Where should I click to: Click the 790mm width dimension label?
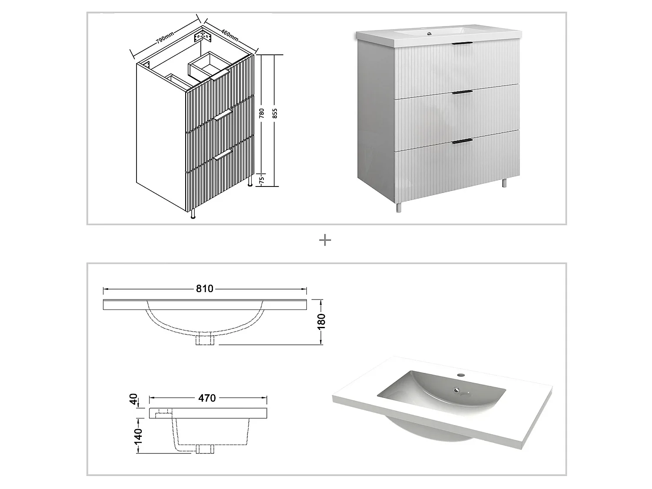pyautogui.click(x=165, y=37)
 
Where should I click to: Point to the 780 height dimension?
pyautogui.click(x=262, y=114)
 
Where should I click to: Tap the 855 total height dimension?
pyautogui.click(x=275, y=114)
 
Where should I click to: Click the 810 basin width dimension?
pyautogui.click(x=204, y=289)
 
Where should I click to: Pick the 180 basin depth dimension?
pyautogui.click(x=322, y=322)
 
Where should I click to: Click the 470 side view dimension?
pyautogui.click(x=207, y=398)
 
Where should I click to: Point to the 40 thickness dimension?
pyautogui.click(x=134, y=399)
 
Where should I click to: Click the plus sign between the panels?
pyautogui.click(x=325, y=240)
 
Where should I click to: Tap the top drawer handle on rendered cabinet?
pyautogui.click(x=462, y=43)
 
